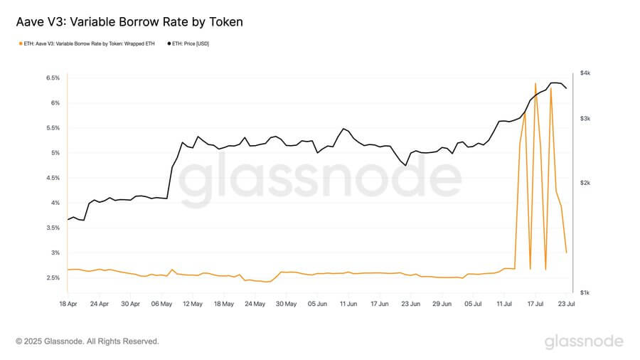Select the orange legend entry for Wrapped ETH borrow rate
88,43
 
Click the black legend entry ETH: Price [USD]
191,43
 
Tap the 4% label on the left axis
54,203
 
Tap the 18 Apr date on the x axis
68,304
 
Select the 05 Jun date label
317,304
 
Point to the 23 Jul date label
565,304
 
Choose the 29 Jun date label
442,304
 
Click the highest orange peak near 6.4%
535,83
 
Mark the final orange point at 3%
566,253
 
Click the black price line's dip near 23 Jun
405,165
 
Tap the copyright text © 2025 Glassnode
87,342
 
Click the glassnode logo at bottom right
584,342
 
